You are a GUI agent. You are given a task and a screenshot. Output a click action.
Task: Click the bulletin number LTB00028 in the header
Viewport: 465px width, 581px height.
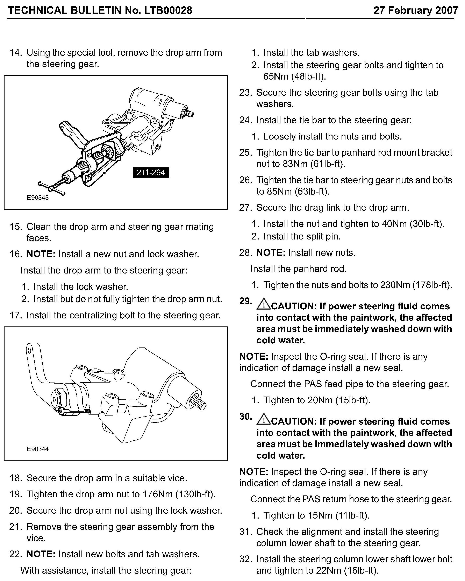pos(168,10)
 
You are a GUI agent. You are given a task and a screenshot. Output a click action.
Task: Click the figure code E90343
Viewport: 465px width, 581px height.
pos(38,197)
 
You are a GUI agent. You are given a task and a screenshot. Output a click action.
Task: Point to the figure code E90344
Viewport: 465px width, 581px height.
pos(38,449)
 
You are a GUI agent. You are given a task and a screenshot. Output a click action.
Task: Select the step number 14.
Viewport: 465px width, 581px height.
pos(15,53)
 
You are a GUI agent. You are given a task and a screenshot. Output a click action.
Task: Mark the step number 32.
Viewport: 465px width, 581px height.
pos(245,559)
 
